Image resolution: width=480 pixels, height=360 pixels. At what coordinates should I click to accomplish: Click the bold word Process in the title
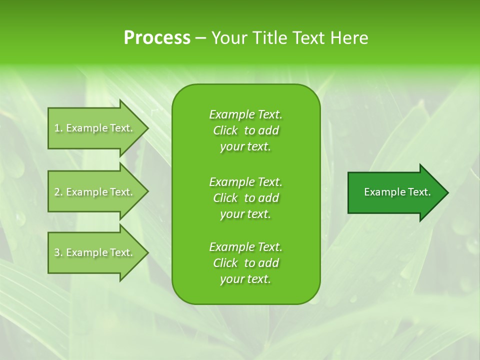tap(157, 38)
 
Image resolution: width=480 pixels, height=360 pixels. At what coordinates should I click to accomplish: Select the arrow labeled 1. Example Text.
tap(95, 128)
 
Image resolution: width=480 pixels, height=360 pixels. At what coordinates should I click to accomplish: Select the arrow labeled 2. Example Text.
tap(95, 192)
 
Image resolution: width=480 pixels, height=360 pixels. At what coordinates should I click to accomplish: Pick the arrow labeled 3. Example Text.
tap(95, 252)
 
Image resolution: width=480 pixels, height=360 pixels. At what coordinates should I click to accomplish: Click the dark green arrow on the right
tap(395, 192)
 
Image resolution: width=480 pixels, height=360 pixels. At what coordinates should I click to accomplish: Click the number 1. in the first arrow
tap(58, 128)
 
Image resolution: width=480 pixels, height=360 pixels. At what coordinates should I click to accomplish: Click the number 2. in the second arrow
tap(58, 192)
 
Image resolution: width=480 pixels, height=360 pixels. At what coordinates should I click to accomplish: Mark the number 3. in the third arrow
tap(58, 252)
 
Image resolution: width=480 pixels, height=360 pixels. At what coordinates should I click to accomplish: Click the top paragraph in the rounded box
tap(245, 130)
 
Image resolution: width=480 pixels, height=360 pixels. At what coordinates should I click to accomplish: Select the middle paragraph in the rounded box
tap(245, 198)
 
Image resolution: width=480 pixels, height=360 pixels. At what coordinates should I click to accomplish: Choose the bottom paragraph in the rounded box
tap(245, 263)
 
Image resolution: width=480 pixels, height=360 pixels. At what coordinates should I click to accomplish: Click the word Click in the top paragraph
tap(225, 130)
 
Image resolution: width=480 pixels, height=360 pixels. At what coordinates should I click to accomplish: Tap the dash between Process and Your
tap(201, 38)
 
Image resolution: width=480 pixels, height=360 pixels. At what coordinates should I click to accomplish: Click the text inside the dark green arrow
tap(397, 192)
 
